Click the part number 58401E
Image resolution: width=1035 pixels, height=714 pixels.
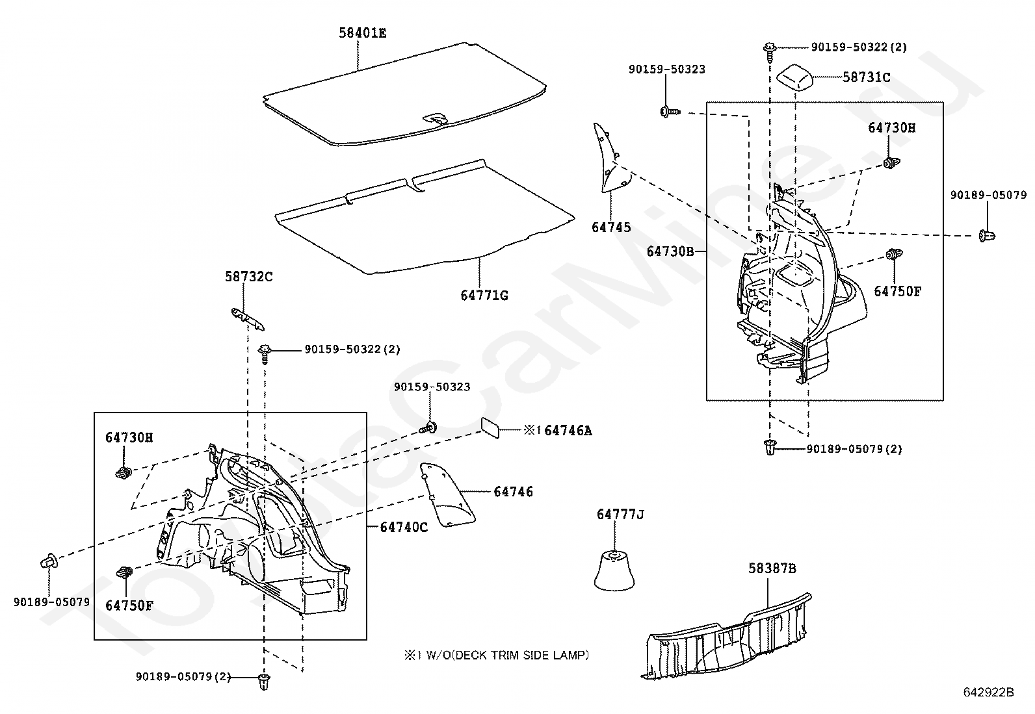click(362, 32)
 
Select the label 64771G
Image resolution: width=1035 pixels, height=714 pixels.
click(484, 296)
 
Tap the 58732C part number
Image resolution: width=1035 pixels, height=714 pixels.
click(249, 277)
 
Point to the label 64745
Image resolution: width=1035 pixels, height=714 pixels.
click(611, 227)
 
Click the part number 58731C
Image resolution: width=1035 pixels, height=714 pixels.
click(866, 77)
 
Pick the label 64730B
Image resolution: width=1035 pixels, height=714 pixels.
click(671, 251)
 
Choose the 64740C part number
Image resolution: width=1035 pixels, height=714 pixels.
click(404, 527)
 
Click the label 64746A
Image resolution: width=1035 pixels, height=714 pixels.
click(568, 430)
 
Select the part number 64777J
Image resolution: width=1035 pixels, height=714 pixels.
click(620, 515)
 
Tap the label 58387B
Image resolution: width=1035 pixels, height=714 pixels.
click(772, 568)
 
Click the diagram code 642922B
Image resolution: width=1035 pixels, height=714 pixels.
click(988, 693)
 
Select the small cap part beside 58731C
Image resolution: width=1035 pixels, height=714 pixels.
click(796, 77)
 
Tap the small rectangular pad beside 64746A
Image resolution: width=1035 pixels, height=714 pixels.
click(491, 428)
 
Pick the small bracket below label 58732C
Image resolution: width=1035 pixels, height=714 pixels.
click(248, 318)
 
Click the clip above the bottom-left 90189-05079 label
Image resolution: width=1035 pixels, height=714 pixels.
click(50, 561)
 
